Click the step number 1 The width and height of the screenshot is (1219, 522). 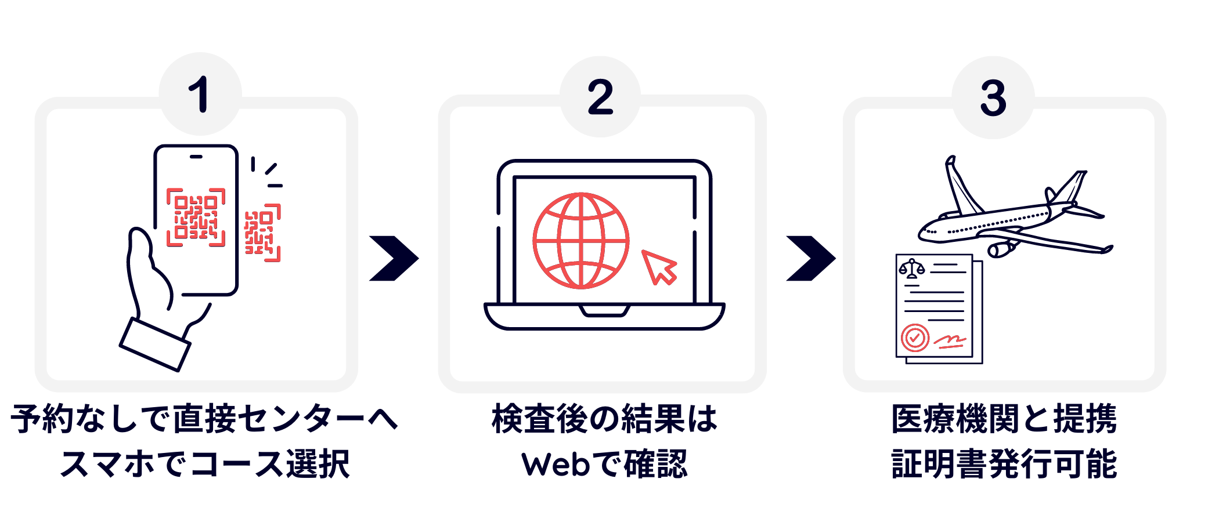pyautogui.click(x=199, y=95)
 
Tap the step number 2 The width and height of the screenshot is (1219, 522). pyautogui.click(x=600, y=97)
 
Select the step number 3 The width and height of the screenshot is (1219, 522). pyautogui.click(x=993, y=98)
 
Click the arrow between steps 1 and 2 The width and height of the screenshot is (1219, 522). pyautogui.click(x=394, y=258)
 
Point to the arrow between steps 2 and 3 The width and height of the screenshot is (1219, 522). pyautogui.click(x=811, y=258)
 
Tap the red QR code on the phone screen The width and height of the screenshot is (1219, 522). pyautogui.click(x=196, y=217)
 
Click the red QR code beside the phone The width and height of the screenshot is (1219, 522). pyautogui.click(x=263, y=233)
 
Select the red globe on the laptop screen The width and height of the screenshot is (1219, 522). pyautogui.click(x=581, y=241)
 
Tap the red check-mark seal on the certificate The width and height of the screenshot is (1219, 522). pyautogui.click(x=915, y=338)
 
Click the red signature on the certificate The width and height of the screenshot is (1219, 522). pyautogui.click(x=950, y=341)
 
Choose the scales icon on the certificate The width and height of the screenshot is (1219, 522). pyautogui.click(x=911, y=269)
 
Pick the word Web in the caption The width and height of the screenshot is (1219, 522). pyautogui.click(x=556, y=465)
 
